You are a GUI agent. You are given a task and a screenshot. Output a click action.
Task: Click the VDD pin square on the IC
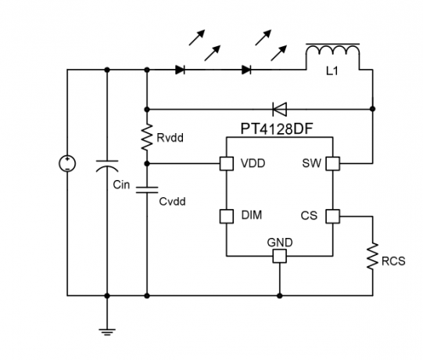click(226, 164)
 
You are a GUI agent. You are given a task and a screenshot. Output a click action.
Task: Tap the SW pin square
click(332, 164)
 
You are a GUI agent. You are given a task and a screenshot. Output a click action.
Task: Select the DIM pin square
click(226, 216)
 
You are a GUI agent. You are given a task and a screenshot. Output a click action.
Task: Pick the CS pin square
click(332, 216)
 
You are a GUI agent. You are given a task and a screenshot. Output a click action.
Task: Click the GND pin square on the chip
click(279, 256)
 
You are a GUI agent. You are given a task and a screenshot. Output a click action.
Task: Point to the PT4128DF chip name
click(277, 129)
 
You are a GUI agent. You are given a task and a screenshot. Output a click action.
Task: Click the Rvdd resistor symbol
click(147, 137)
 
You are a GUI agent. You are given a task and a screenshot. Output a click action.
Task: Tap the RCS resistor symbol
click(372, 255)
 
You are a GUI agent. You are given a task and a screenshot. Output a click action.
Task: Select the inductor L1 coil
click(332, 51)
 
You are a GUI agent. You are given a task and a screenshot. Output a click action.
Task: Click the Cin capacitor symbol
click(107, 166)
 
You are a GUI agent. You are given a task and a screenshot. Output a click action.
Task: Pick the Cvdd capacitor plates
click(147, 190)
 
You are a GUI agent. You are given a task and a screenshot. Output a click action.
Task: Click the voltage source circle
click(67, 164)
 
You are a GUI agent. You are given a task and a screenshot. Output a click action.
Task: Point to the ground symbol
click(107, 332)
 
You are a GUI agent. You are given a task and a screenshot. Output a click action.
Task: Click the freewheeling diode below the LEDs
click(279, 109)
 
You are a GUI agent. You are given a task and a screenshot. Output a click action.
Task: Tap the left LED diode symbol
click(180, 70)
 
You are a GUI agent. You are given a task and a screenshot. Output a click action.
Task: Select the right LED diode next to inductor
click(246, 70)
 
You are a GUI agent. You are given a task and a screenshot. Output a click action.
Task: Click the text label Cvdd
click(172, 201)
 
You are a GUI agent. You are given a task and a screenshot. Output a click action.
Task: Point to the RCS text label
click(393, 261)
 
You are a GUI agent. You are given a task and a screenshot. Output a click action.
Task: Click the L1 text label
click(332, 71)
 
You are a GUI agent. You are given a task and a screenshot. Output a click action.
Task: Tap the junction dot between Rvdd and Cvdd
click(147, 164)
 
